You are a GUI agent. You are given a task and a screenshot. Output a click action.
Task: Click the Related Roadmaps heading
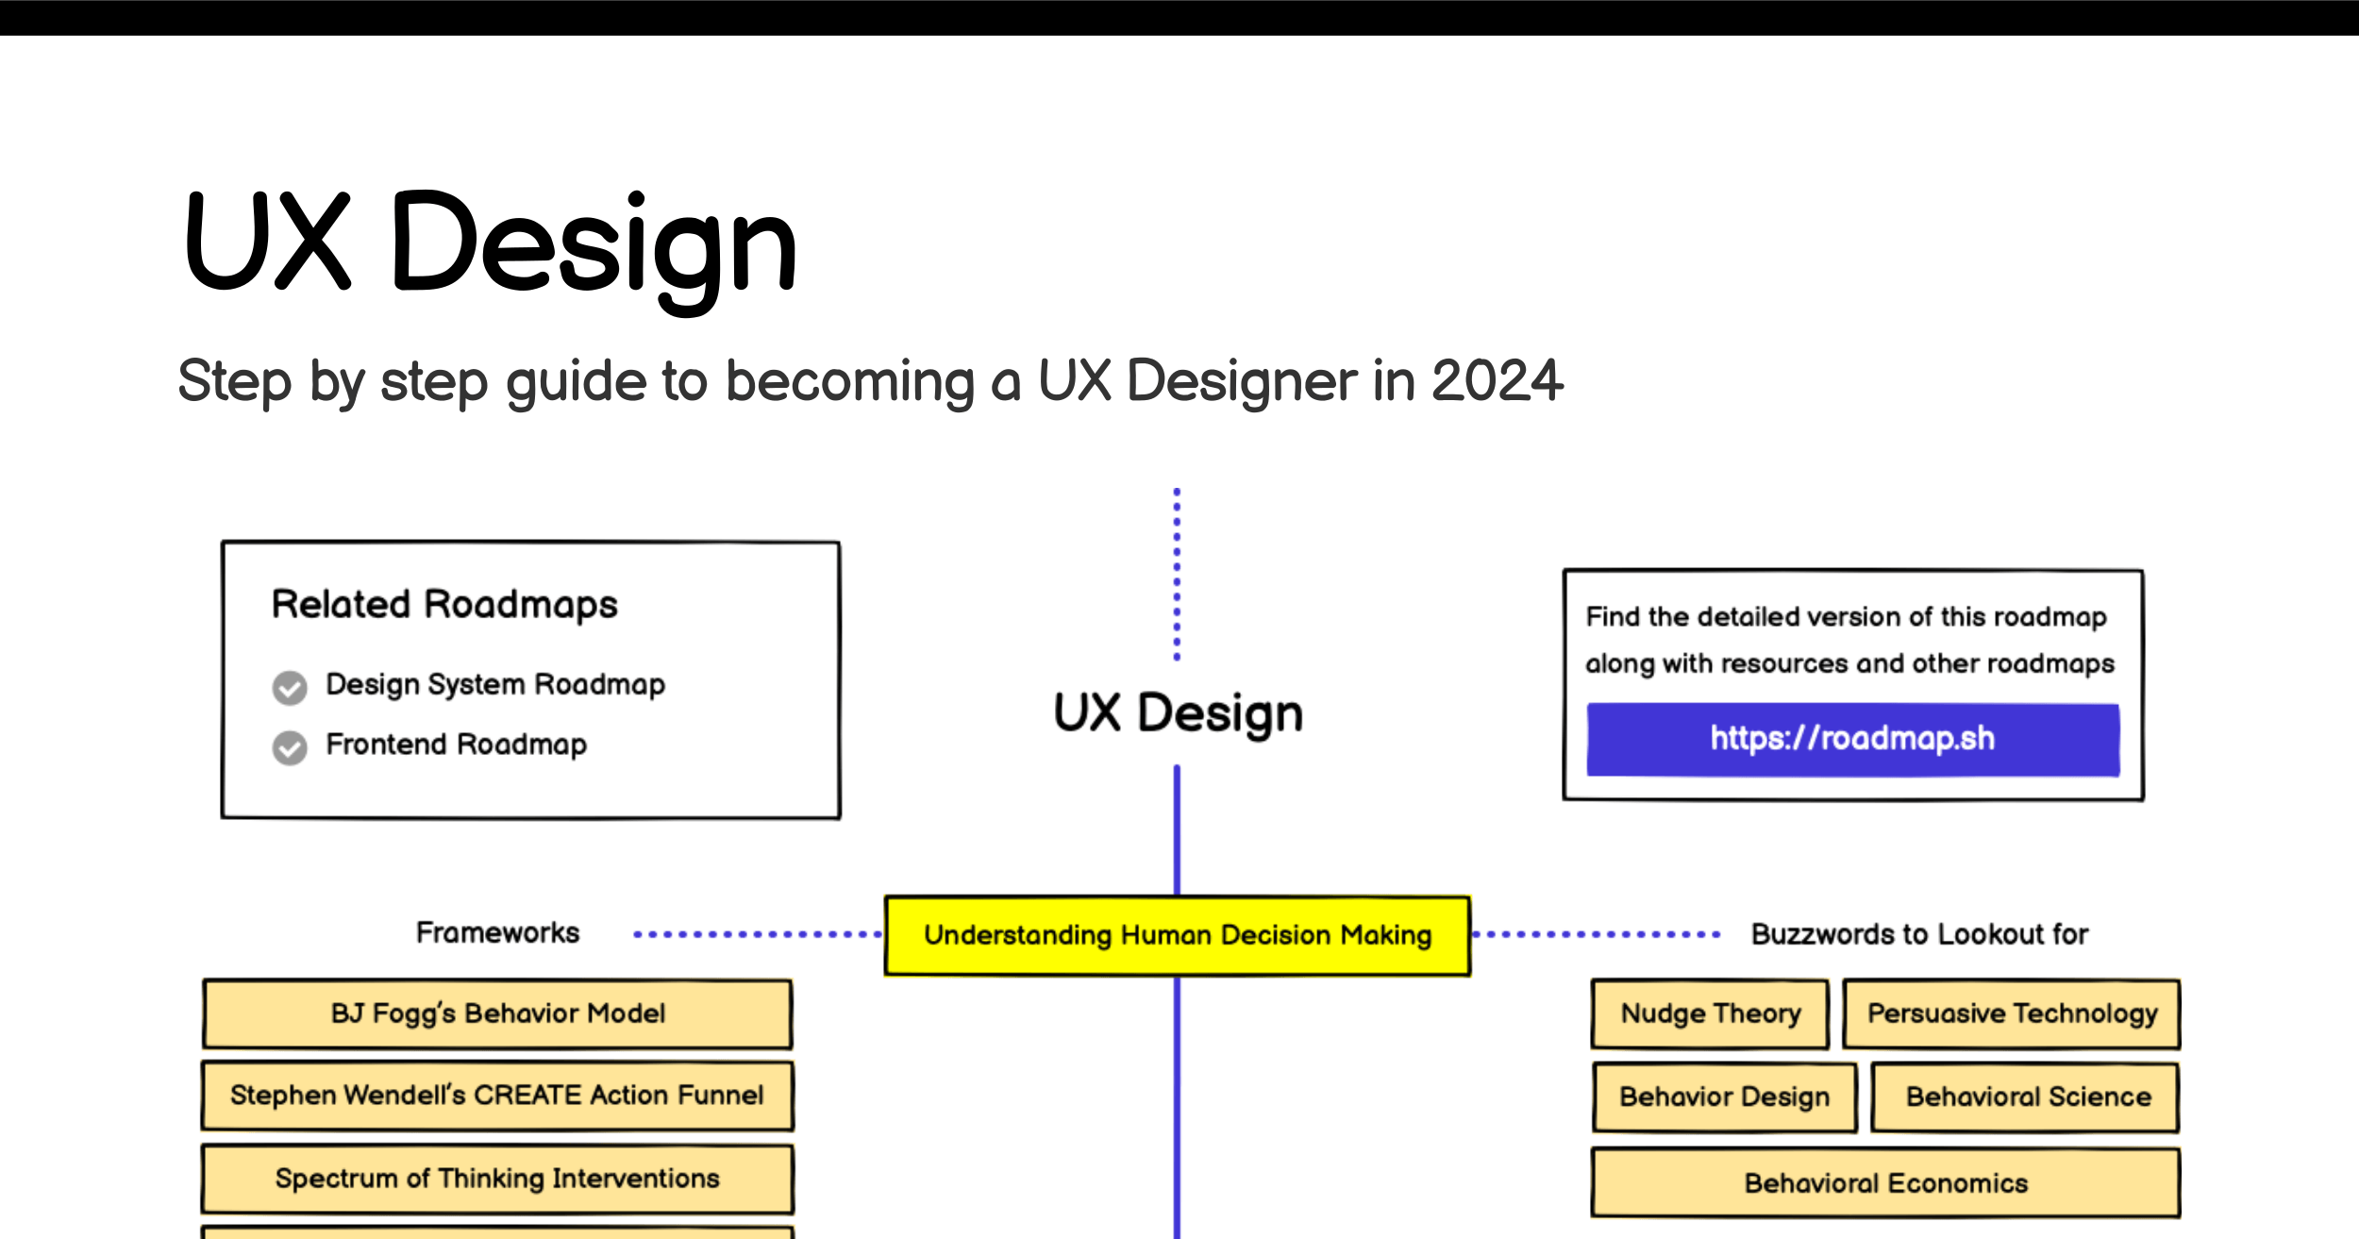[444, 605]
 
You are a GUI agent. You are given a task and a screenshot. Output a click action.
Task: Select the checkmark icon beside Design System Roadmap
[290, 688]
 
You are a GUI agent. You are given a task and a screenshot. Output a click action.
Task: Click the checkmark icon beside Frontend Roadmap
[290, 747]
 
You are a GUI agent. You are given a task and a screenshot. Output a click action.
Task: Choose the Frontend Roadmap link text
[457, 745]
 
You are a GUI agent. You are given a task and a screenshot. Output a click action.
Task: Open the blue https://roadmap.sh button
[1853, 740]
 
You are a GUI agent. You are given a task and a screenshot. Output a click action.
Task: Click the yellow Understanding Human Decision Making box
[1178, 935]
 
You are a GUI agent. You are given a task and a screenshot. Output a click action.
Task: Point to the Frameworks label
[498, 933]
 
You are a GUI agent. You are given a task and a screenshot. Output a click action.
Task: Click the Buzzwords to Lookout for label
[1919, 934]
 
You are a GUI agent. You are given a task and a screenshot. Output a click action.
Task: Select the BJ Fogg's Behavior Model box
[497, 1014]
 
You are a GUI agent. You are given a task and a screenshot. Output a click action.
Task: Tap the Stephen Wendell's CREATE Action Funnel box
[497, 1097]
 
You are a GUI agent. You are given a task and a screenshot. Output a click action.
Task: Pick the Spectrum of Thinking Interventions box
[497, 1180]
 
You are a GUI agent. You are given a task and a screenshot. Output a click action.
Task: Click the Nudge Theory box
[1710, 1014]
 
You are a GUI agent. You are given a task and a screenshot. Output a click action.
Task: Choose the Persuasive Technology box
[2012, 1014]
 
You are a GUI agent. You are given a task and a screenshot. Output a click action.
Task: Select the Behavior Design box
[1725, 1097]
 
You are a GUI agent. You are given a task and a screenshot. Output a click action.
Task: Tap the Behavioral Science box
[2026, 1097]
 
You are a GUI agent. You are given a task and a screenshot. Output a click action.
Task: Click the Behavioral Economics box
[1886, 1183]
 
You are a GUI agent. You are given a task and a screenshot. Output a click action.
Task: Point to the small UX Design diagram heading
[1178, 713]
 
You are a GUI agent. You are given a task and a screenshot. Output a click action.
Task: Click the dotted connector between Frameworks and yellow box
[758, 934]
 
